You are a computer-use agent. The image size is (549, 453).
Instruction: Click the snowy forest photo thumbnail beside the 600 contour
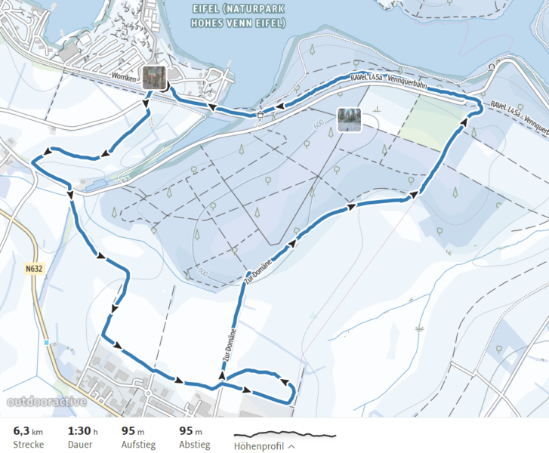(x=349, y=119)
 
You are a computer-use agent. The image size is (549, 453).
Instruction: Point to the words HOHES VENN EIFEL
(x=238, y=23)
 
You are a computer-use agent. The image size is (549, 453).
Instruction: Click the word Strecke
(x=29, y=445)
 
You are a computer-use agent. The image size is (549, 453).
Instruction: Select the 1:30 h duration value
(x=83, y=430)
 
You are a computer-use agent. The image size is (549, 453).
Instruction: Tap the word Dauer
(x=81, y=445)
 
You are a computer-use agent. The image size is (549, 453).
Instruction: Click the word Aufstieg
(x=138, y=445)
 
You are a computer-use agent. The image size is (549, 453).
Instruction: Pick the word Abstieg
(x=196, y=445)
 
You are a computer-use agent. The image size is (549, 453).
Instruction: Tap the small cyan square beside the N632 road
(x=46, y=343)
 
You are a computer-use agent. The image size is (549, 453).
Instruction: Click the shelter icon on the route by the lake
(x=260, y=115)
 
